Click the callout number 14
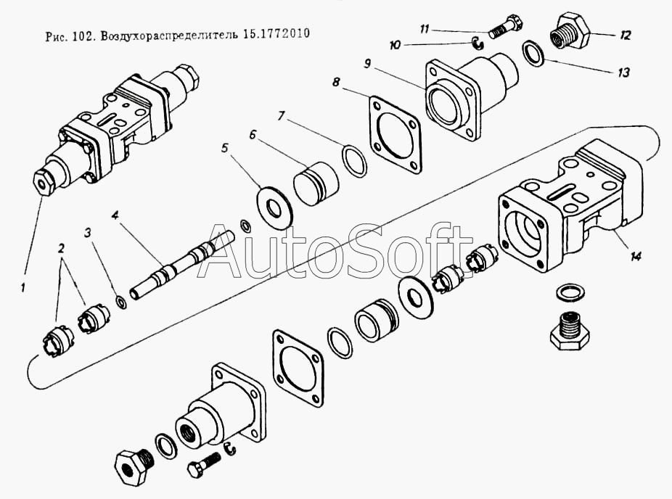coord(636,256)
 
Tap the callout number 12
coord(626,35)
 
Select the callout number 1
coord(22,288)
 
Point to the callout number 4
coord(115,215)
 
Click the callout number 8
coord(335,81)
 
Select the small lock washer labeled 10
coord(477,42)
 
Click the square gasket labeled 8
coord(394,136)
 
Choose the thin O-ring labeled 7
coord(354,160)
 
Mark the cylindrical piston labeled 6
coord(316,183)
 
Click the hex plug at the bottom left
coord(134,465)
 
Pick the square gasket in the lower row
coord(298,368)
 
